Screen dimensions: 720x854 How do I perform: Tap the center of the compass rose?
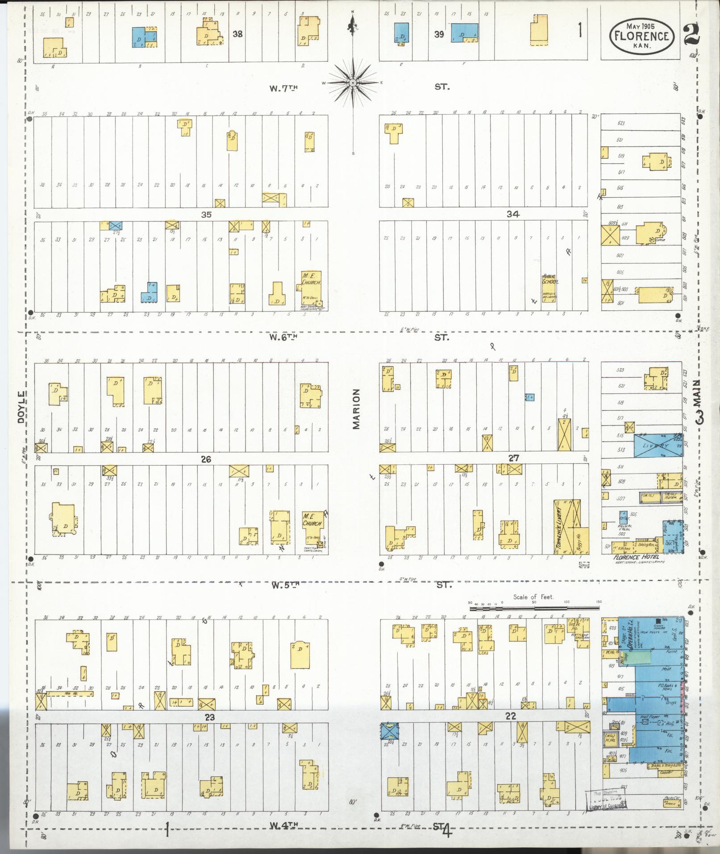(x=353, y=83)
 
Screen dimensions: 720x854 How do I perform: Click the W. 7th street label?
(x=283, y=88)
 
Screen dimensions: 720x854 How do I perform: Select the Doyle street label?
(x=21, y=408)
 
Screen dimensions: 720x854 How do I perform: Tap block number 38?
(x=237, y=33)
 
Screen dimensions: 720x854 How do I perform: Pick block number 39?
(x=439, y=34)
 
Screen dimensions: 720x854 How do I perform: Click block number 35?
(x=206, y=215)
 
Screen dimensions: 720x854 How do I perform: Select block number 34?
(x=512, y=214)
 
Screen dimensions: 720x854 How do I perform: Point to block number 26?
(x=206, y=459)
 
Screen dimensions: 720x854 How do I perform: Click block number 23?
(x=210, y=717)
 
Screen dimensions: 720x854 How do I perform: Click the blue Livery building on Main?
(x=658, y=446)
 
